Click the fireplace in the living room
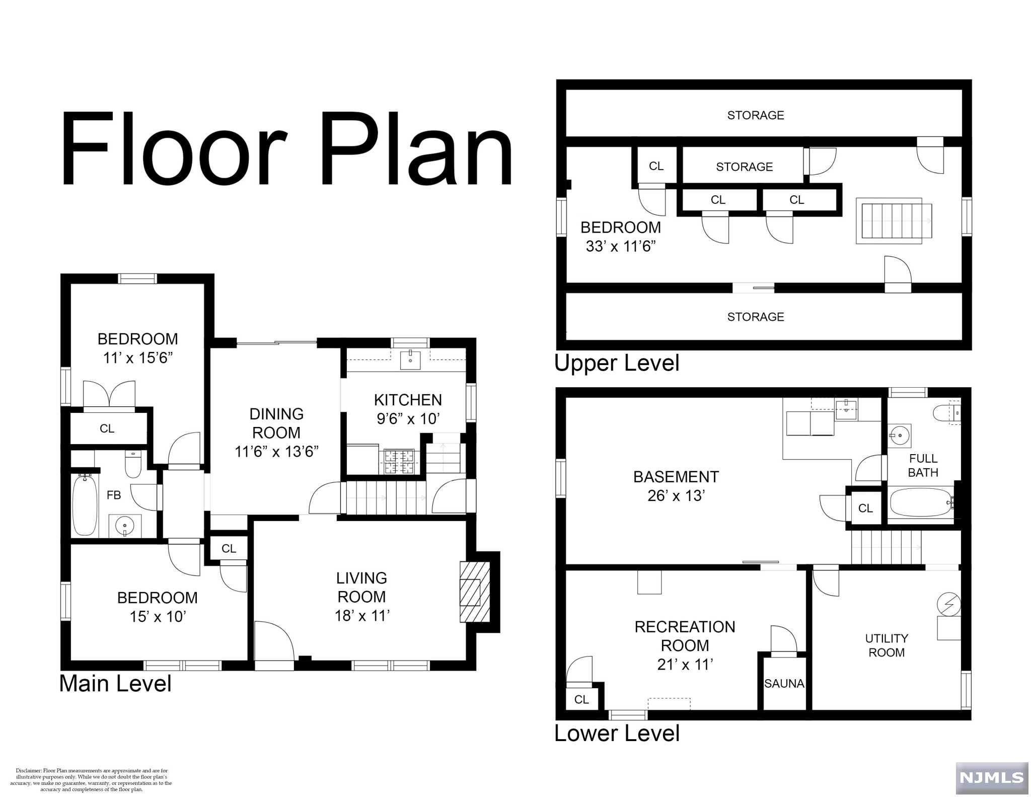tap(474, 592)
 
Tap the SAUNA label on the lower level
tap(784, 684)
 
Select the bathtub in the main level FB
tap(85, 505)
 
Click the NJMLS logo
tap(992, 778)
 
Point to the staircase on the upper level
tap(894, 221)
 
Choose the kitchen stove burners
tap(399, 462)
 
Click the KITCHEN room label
tap(408, 400)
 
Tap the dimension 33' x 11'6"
tap(621, 246)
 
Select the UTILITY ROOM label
tap(887, 645)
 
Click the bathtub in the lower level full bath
tap(921, 502)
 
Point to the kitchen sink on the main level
tap(410, 360)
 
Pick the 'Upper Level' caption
tap(617, 363)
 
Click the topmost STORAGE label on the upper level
tap(756, 115)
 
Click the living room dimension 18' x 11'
tap(362, 615)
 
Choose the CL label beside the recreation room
tap(581, 699)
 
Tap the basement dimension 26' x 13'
tap(676, 496)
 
